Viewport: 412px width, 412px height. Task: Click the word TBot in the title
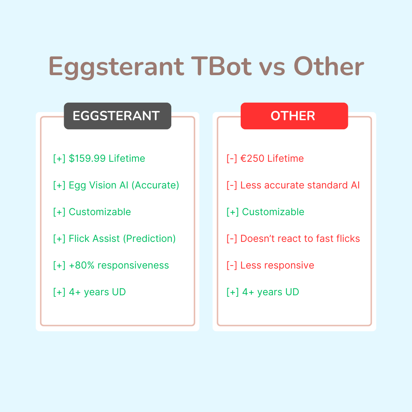(221, 66)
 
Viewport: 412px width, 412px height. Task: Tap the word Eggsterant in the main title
(116, 67)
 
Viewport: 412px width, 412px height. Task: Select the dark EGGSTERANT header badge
(117, 116)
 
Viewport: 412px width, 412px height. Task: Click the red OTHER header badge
(294, 116)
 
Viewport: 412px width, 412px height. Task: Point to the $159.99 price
(87, 158)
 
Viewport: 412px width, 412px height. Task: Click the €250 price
(252, 158)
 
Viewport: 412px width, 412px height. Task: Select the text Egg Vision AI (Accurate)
(124, 185)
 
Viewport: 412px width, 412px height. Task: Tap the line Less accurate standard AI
(300, 185)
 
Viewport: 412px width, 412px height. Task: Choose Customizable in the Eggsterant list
(100, 212)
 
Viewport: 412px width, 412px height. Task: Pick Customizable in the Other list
(273, 212)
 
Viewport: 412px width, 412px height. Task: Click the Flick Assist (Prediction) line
(122, 238)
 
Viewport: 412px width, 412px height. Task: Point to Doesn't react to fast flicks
(300, 238)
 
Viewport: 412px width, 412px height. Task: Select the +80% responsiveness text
(119, 266)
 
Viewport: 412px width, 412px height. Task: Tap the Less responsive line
(277, 266)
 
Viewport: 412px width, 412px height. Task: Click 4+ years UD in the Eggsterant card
(97, 292)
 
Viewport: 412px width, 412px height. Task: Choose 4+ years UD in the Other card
(270, 292)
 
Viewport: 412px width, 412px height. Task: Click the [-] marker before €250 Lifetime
(232, 159)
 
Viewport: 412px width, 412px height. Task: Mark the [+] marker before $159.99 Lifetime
(59, 159)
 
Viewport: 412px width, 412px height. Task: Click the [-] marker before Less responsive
(232, 266)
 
